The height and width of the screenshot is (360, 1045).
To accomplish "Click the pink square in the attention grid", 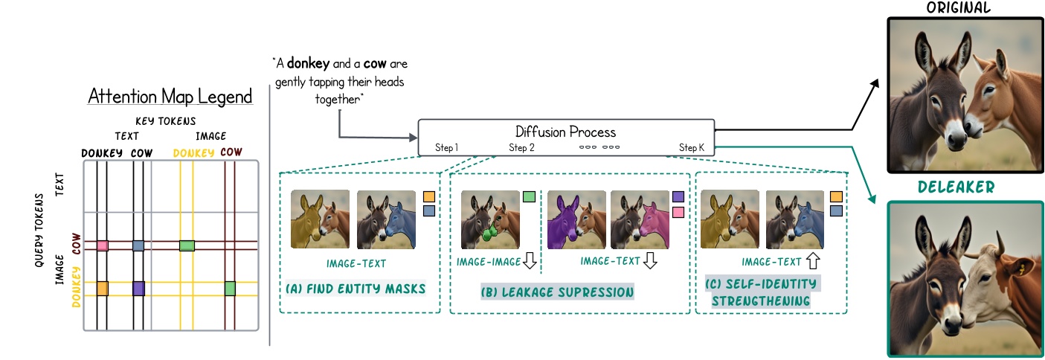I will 103,245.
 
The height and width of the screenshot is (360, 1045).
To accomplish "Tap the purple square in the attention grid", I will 138,288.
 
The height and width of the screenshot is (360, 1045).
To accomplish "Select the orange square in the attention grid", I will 103,288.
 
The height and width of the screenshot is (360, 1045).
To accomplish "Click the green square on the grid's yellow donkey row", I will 231,288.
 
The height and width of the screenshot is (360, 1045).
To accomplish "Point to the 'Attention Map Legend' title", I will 170,97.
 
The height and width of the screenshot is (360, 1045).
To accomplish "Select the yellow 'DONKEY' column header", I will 193,152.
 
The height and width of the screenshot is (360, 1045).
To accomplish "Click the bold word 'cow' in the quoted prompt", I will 374,64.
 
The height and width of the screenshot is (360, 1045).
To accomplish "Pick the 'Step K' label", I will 692,148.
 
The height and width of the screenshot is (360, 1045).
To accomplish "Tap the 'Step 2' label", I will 521,148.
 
